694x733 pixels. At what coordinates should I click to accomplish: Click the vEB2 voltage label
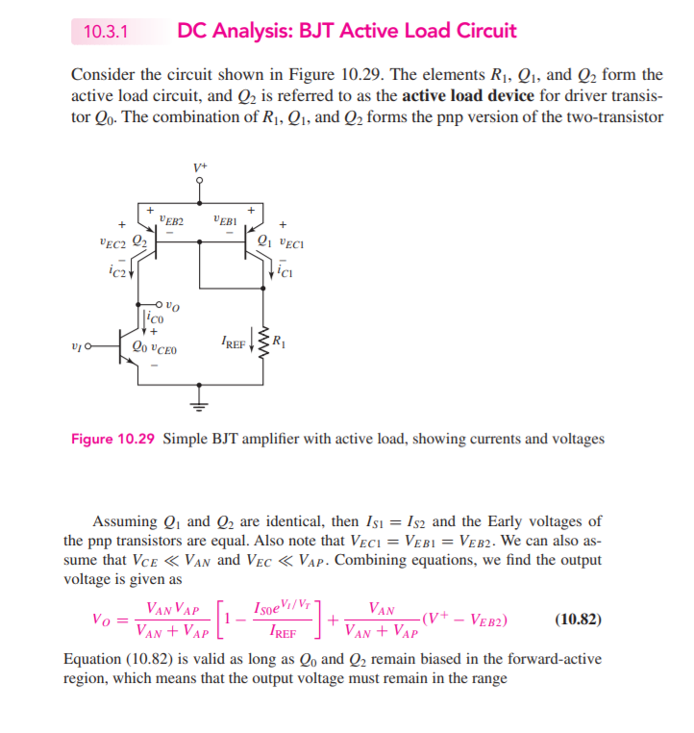(x=171, y=219)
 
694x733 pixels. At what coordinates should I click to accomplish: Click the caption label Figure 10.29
(x=112, y=439)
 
